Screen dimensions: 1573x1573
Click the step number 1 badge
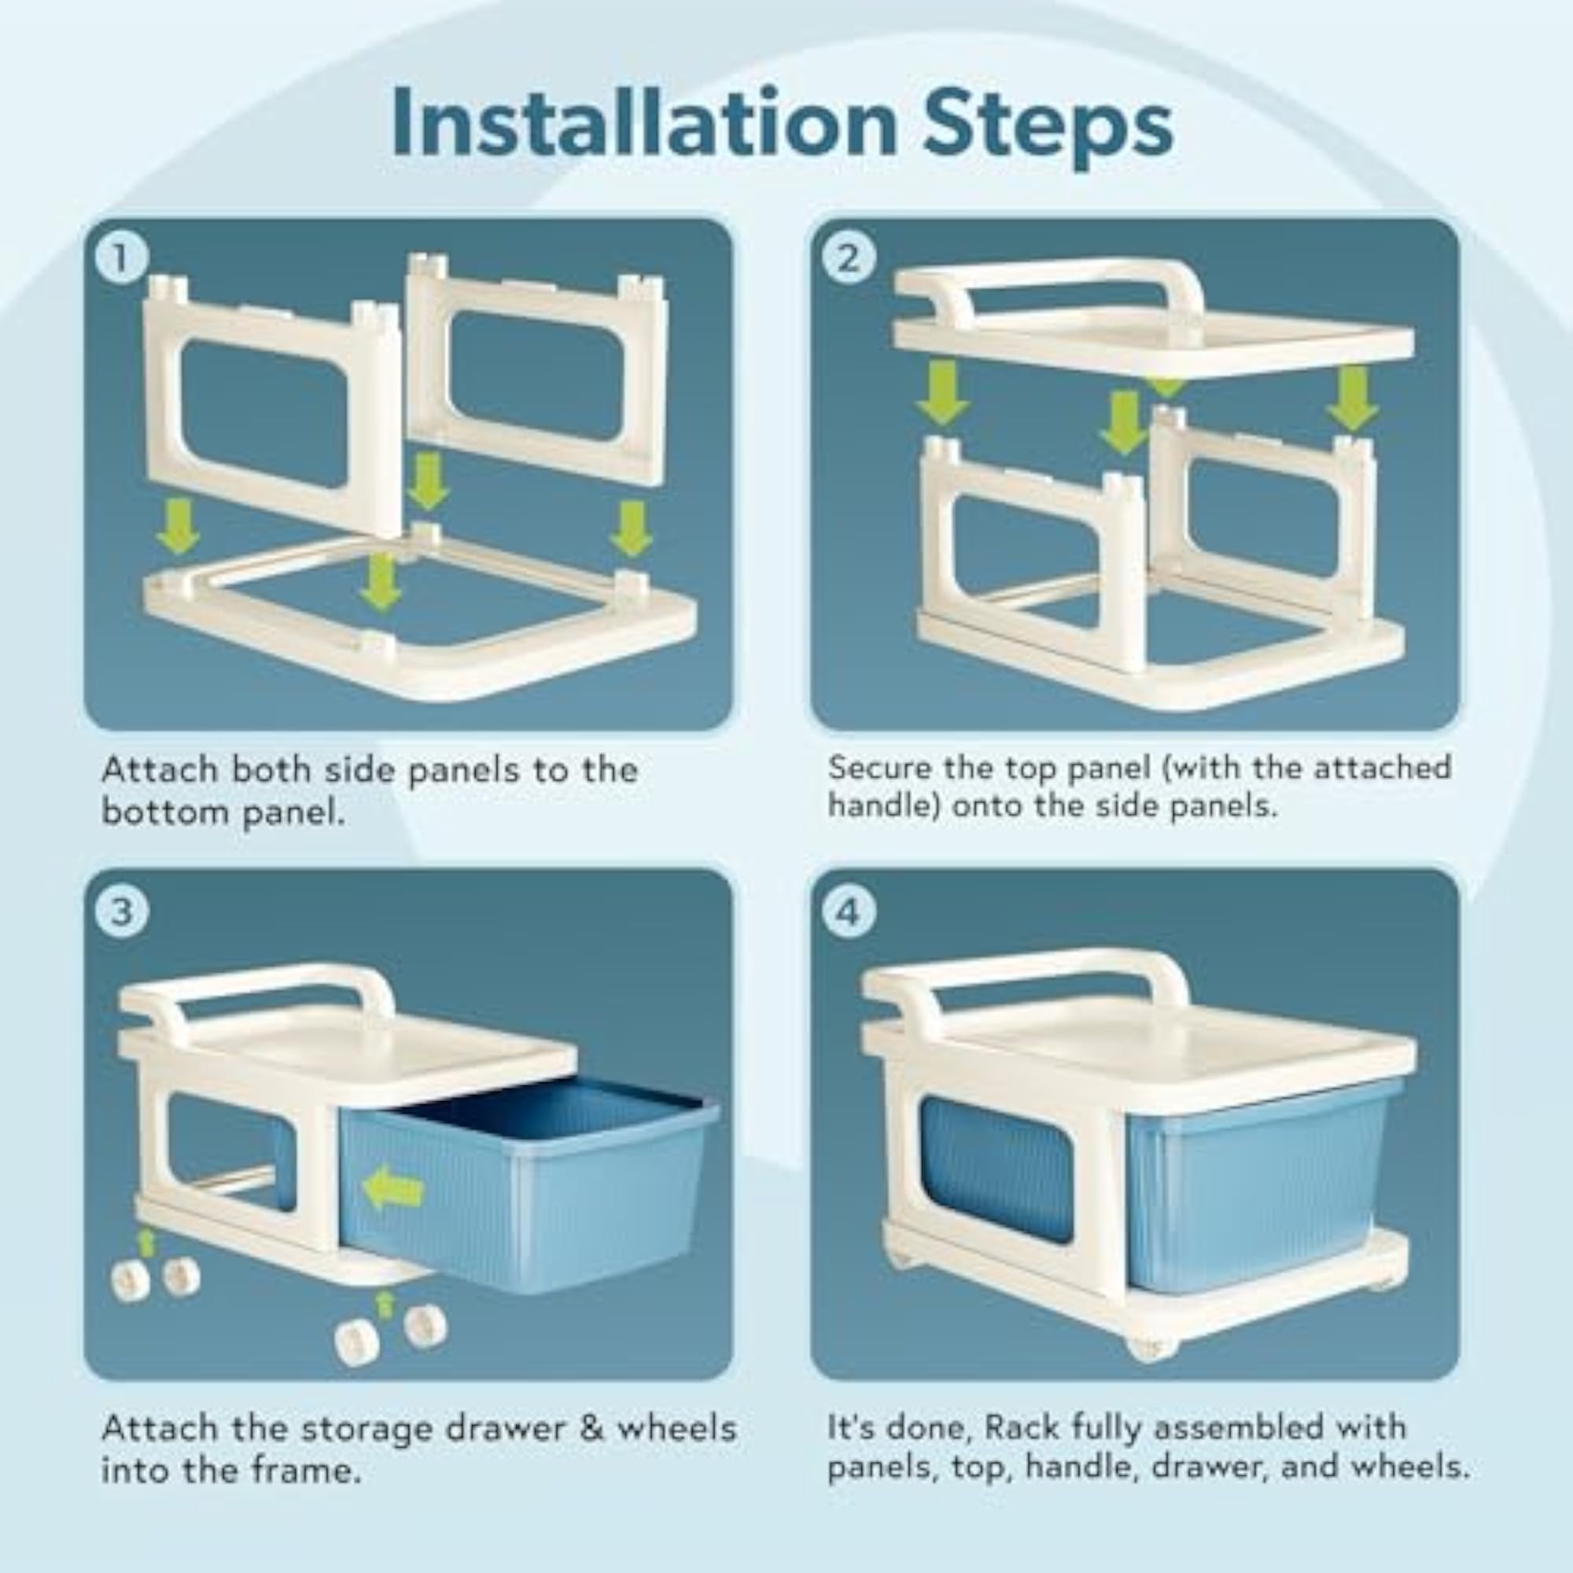(x=121, y=258)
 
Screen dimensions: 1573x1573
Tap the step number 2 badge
(x=849, y=258)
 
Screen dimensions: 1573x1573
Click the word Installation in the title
(x=643, y=123)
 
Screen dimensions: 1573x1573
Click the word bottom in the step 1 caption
(x=164, y=812)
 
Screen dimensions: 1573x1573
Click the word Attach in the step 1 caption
(x=160, y=770)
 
